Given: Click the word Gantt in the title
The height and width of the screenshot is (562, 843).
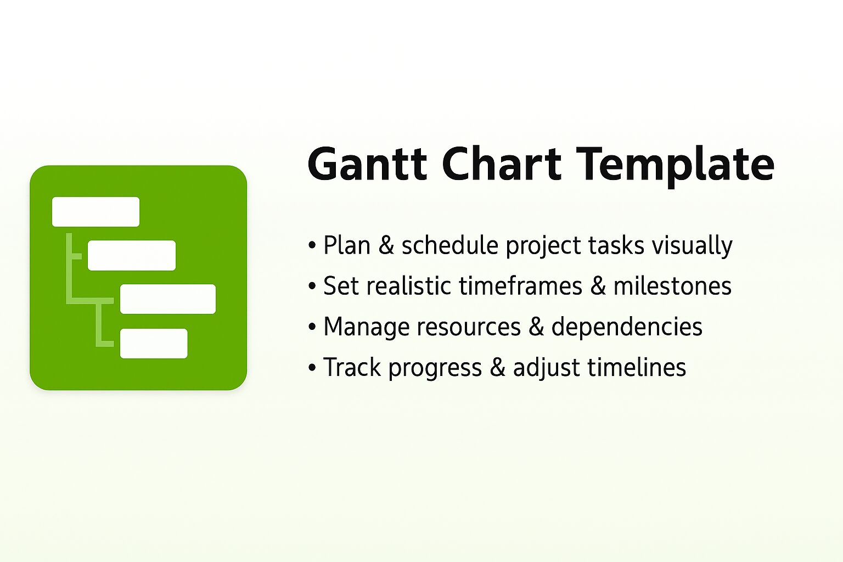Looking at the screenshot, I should (x=367, y=164).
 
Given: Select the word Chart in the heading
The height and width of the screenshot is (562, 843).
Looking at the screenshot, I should (x=502, y=164).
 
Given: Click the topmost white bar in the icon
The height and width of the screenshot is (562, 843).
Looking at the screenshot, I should (x=95, y=212).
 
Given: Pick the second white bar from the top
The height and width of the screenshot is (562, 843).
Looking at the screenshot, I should (x=132, y=255).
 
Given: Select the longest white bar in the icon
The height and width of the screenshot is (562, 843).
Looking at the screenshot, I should (x=168, y=299).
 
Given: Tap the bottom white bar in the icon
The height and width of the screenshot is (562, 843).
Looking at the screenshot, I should (x=154, y=344).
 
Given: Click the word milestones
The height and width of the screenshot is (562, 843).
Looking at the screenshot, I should (x=672, y=286).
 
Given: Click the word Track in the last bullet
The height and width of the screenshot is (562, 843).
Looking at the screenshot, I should (x=352, y=367).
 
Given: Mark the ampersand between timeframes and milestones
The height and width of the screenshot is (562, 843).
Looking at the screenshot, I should (x=598, y=286).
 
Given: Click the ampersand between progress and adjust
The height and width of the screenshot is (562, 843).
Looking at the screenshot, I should (x=497, y=368).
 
